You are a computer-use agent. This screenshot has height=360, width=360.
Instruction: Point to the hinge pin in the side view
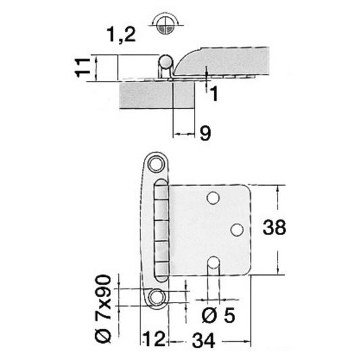tap(164, 66)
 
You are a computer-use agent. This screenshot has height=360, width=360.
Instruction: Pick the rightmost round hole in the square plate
tap(236, 230)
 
